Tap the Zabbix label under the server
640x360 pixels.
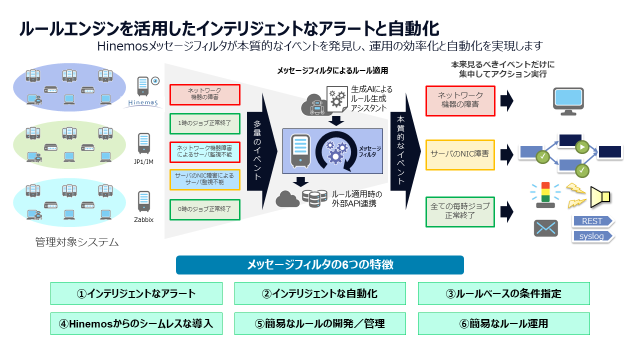tap(143, 219)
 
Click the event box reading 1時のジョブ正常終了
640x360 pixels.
tap(205, 123)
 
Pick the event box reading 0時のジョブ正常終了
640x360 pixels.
tap(205, 209)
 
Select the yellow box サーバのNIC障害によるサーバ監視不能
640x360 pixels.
tap(205, 179)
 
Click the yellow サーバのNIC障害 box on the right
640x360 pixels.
tap(460, 154)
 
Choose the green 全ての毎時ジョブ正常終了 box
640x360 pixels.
tap(460, 211)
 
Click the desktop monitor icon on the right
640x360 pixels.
tap(568, 101)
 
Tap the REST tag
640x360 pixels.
tap(592, 221)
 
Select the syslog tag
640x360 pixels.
tap(592, 236)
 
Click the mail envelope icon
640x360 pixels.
tap(545, 228)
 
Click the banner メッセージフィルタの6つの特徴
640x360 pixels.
tap(320, 265)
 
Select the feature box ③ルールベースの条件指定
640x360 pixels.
tap(503, 293)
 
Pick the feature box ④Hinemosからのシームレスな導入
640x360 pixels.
tap(136, 323)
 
